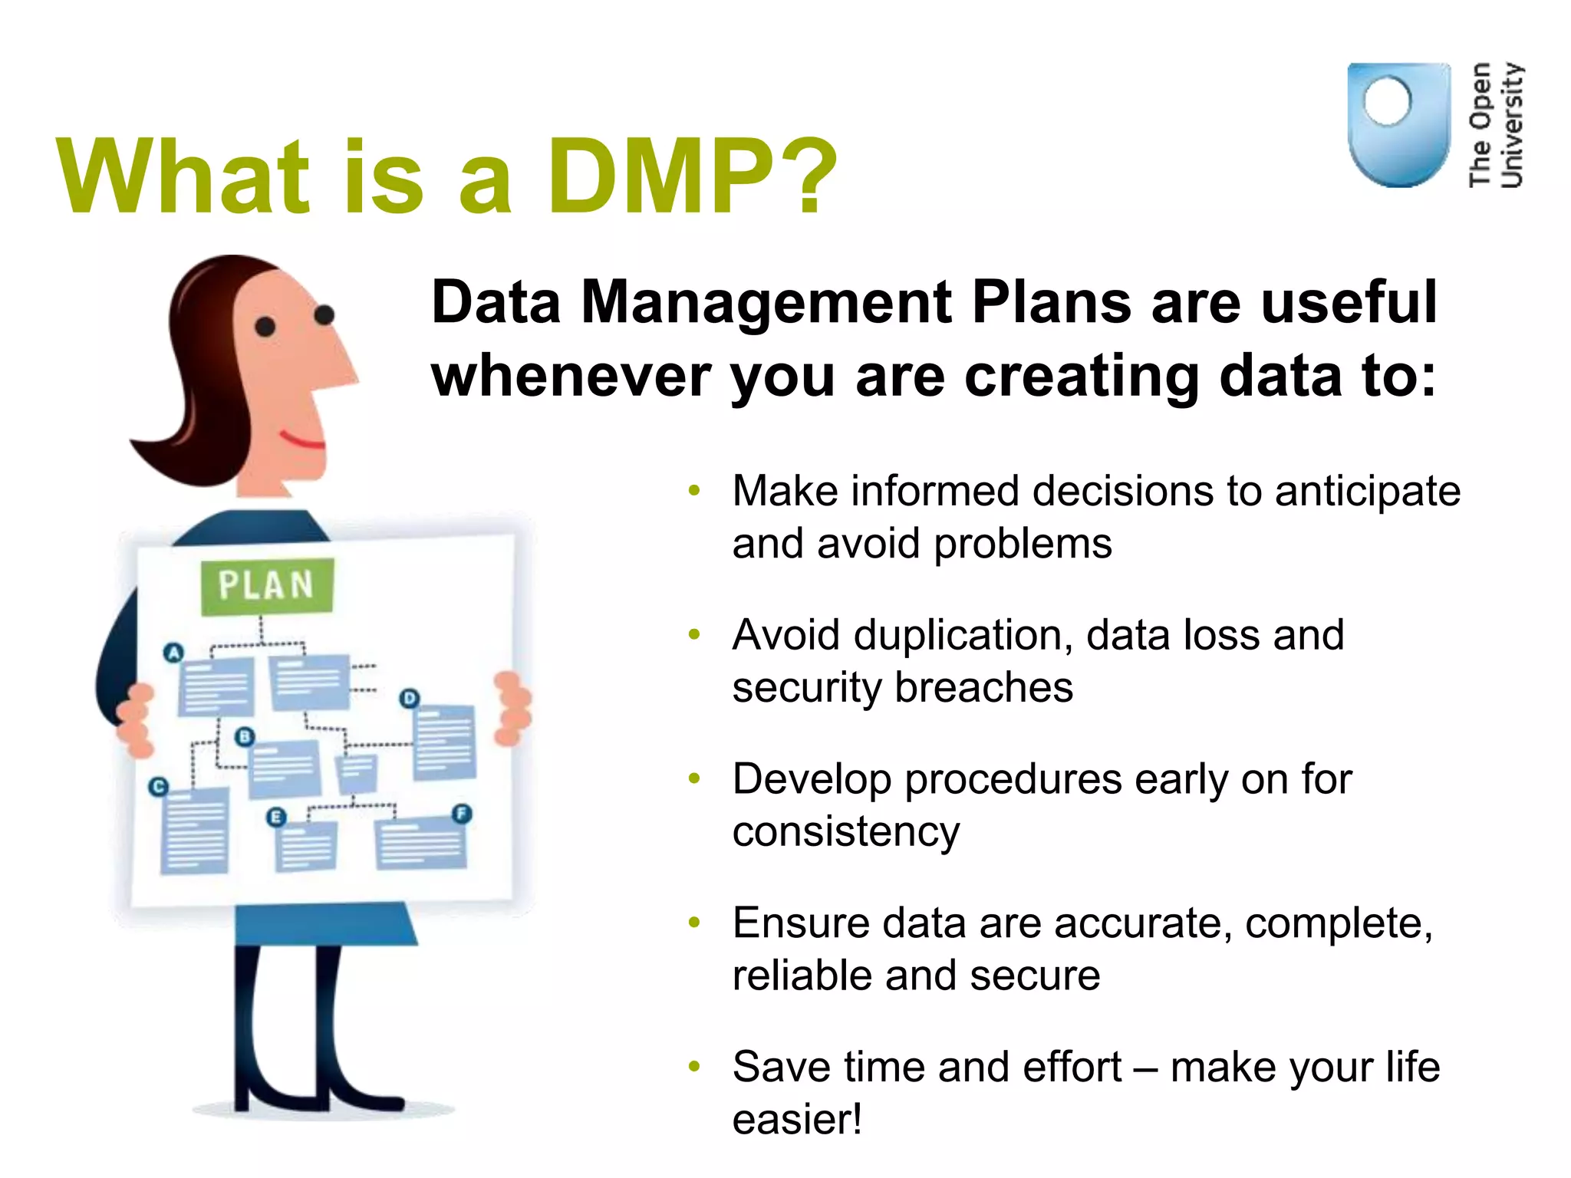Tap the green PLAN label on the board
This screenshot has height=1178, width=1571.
pos(266,586)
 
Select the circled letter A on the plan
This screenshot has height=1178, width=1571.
pos(174,653)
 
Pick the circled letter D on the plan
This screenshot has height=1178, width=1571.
pos(410,698)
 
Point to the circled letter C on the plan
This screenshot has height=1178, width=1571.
pos(158,786)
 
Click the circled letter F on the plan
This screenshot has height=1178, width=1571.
pos(461,814)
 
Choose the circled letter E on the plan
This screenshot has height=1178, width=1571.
pos(276,818)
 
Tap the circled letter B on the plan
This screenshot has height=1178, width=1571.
pos(244,737)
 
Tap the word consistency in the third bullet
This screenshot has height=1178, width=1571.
pos(845,831)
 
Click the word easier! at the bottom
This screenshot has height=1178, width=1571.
pos(797,1119)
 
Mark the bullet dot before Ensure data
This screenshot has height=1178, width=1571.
pos(694,923)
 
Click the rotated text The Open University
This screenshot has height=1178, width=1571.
pos(1496,125)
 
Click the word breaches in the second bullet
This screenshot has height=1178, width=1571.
pos(983,687)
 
